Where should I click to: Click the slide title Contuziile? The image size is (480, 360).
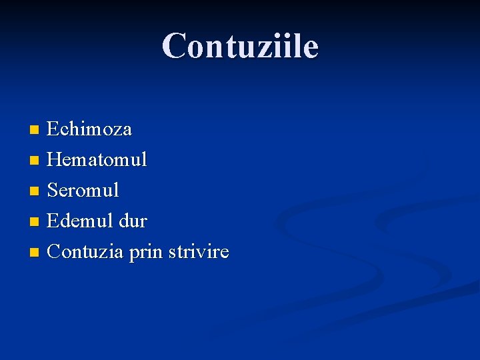click(x=240, y=46)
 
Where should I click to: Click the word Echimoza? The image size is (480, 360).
click(x=89, y=129)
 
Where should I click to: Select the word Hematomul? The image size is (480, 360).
click(x=97, y=160)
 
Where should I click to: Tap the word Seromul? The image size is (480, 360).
click(x=83, y=191)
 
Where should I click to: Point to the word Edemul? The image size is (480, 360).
click(x=79, y=221)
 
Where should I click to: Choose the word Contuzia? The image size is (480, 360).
click(x=84, y=252)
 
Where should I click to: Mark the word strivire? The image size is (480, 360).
click(x=199, y=252)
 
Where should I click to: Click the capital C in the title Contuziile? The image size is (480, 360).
click(x=175, y=46)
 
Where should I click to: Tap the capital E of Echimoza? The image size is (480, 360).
click(x=53, y=129)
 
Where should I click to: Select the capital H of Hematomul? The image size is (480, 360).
click(x=55, y=160)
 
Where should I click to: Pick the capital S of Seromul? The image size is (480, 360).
click(x=53, y=191)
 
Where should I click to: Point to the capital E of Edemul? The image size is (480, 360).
click(x=53, y=221)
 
